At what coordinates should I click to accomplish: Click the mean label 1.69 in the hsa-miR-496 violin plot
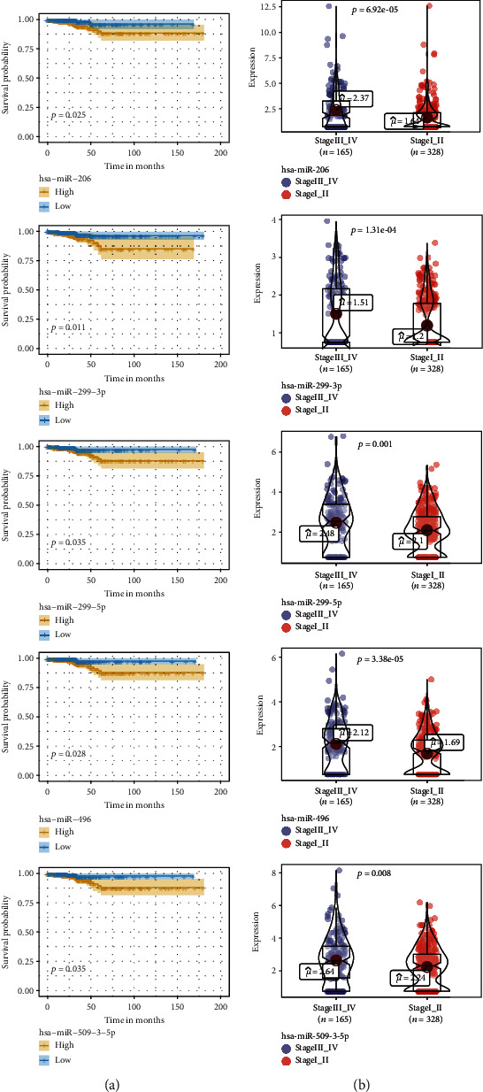(448, 742)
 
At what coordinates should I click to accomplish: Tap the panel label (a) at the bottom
(119, 1080)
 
